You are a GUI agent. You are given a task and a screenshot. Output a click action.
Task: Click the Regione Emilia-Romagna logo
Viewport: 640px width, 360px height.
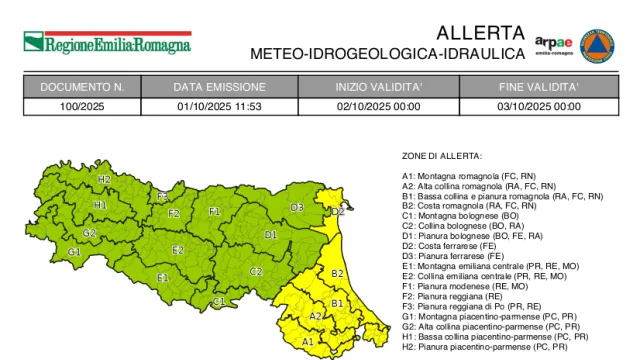click(x=106, y=44)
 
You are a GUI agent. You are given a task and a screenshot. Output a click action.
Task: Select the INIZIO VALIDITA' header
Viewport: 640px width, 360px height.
click(x=379, y=87)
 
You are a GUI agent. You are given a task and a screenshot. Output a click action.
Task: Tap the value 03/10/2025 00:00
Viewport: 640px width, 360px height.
click(x=539, y=105)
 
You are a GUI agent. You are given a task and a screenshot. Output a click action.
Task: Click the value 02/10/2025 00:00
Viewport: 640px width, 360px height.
click(x=379, y=105)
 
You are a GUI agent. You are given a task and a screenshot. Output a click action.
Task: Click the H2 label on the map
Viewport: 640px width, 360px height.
click(x=104, y=179)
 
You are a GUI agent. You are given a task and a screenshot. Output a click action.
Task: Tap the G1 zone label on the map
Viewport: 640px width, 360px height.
click(x=74, y=252)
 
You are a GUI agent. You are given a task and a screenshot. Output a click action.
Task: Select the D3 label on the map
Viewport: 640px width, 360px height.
click(x=297, y=208)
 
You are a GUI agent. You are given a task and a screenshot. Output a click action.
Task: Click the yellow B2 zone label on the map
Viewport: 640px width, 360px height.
click(x=337, y=273)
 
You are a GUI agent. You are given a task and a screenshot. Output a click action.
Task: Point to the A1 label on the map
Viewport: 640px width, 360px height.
click(x=308, y=342)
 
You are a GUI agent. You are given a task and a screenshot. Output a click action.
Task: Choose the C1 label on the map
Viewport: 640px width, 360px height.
click(x=219, y=302)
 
